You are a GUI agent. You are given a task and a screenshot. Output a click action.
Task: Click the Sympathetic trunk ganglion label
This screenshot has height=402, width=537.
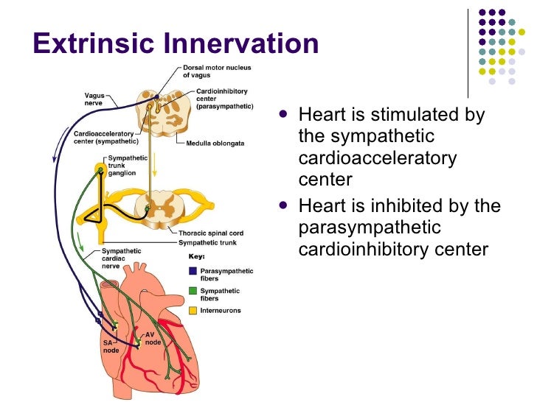pyautogui.click(x=127, y=167)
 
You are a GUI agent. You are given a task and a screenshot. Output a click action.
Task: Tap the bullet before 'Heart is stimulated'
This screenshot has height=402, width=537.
pyautogui.click(x=285, y=115)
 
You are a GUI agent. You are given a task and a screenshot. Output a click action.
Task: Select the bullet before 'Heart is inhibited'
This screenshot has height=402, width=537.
pyautogui.click(x=285, y=206)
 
